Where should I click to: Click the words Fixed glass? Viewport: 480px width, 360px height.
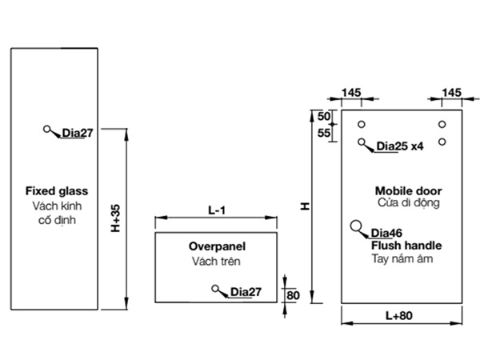coord(56,191)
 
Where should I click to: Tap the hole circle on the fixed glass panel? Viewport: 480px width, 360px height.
coord(48,129)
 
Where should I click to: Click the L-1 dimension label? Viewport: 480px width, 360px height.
coord(217,210)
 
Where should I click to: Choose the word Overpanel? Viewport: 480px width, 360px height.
coord(216,247)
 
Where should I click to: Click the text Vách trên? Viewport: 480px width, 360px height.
coord(216,262)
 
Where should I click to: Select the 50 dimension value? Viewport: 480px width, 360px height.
coord(323,117)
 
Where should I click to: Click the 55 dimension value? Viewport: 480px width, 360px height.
coord(323,133)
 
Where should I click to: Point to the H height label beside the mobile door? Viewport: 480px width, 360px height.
coord(305,206)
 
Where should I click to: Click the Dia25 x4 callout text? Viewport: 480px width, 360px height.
coord(399,146)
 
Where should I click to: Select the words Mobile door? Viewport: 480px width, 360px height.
coord(408,191)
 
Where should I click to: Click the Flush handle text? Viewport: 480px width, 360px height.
coord(406,246)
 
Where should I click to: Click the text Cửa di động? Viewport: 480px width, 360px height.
coord(407,204)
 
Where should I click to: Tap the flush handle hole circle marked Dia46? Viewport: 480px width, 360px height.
coord(356,226)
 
